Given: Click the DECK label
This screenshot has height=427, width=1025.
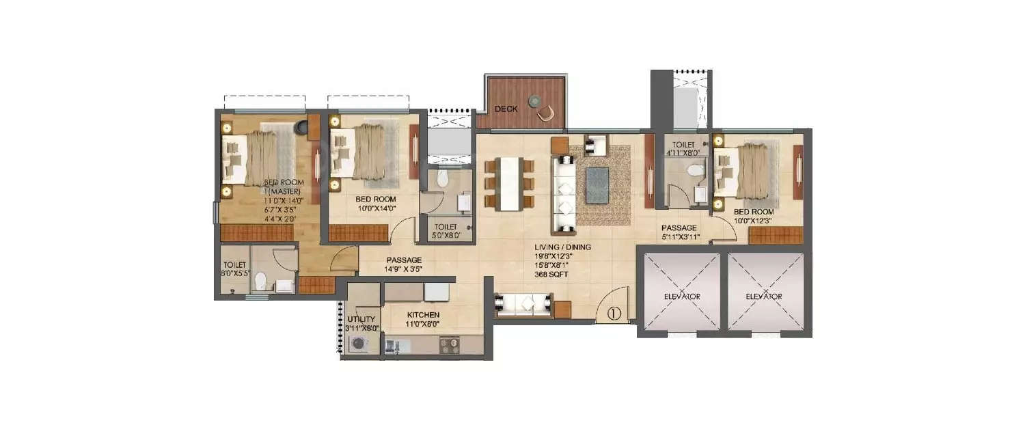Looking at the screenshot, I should pyautogui.click(x=506, y=109).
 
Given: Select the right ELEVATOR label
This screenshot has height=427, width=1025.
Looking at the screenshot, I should pyautogui.click(x=764, y=297).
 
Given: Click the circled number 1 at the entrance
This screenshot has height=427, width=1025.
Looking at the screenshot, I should pyautogui.click(x=613, y=314).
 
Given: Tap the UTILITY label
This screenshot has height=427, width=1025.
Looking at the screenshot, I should pyautogui.click(x=360, y=319).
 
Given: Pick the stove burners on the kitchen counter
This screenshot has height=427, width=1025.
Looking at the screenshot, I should pyautogui.click(x=449, y=346).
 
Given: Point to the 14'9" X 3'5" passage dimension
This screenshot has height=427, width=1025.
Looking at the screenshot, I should pyautogui.click(x=403, y=269).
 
